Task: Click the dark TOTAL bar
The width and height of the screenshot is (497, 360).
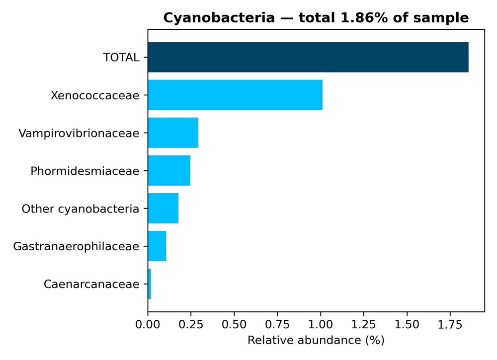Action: (308, 57)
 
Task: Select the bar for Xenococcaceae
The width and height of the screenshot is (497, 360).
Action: (235, 95)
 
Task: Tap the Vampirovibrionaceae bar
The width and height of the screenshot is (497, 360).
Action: (173, 133)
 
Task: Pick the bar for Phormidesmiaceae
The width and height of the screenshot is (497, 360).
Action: (169, 170)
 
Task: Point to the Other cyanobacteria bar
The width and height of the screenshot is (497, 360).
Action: (163, 209)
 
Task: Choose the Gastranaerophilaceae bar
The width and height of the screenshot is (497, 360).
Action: (157, 246)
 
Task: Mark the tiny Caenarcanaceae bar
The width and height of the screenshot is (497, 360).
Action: (150, 284)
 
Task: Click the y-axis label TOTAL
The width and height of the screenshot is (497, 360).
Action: (121, 58)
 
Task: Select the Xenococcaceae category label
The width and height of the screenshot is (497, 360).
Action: (95, 95)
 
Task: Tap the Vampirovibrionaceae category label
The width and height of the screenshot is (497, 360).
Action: (79, 133)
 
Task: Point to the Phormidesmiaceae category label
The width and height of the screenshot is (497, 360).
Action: (84, 171)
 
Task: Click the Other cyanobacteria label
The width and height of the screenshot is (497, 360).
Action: (80, 209)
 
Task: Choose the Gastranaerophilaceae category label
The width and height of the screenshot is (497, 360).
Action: (76, 247)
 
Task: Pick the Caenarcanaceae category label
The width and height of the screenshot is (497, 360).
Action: (91, 285)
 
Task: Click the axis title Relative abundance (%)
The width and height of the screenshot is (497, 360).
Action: (316, 341)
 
